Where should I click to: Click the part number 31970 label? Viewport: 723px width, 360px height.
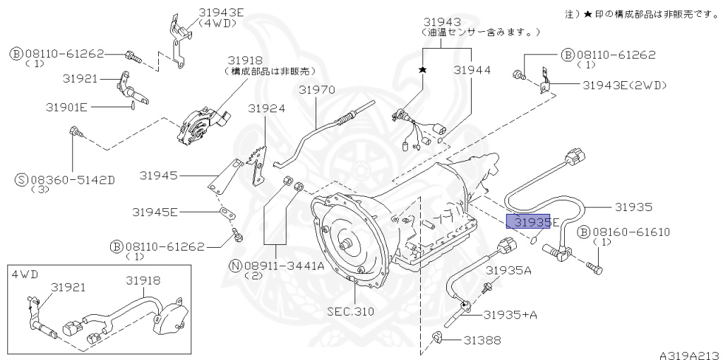(x=316, y=90)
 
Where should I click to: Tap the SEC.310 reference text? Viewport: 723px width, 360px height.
(x=351, y=311)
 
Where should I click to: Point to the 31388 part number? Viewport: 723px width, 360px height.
(x=482, y=340)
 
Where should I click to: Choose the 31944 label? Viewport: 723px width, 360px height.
(x=472, y=71)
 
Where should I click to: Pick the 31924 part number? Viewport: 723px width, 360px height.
(x=266, y=109)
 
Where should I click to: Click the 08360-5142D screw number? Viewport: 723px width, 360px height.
(x=72, y=180)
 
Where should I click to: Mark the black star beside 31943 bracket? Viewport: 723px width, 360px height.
(x=423, y=71)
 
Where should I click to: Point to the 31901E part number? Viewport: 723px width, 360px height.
(x=66, y=107)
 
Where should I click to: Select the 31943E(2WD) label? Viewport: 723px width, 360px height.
(x=625, y=85)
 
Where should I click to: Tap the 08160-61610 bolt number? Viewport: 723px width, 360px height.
(x=631, y=232)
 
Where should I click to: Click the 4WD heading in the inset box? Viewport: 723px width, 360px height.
(x=23, y=273)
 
